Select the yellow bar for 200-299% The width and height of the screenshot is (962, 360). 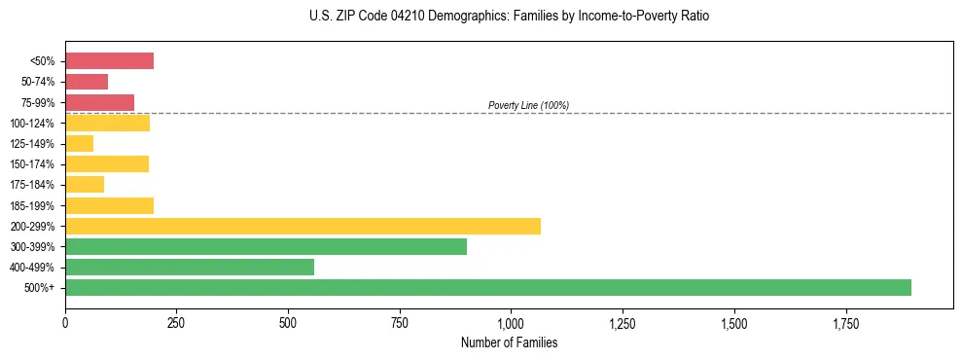pos(303,226)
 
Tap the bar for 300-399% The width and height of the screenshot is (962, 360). pos(266,247)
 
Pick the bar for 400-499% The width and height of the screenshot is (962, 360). pos(190,268)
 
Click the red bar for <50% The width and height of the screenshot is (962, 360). pos(109,61)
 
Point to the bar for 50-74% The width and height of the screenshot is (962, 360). pos(87,82)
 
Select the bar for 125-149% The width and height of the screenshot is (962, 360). pos(79,144)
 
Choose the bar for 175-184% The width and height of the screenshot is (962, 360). pos(85,185)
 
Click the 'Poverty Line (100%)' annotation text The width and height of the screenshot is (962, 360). pos(528,105)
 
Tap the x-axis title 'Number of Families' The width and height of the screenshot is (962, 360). pos(509,342)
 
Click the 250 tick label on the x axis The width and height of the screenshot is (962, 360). pos(176,323)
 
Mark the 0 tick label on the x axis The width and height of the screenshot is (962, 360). pos(65,323)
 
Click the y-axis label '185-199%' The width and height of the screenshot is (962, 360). pos(35,206)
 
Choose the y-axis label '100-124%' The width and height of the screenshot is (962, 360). pos(35,124)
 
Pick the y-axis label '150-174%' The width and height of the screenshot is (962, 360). pos(35,164)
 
